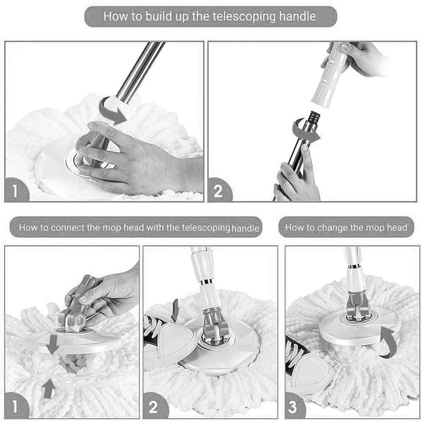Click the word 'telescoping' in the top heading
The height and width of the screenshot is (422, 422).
click(244, 16)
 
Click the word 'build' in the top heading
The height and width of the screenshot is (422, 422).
click(158, 16)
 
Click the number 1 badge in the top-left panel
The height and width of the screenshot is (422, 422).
click(16, 190)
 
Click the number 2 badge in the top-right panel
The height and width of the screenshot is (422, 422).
click(218, 191)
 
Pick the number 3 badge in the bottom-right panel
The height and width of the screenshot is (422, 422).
click(294, 407)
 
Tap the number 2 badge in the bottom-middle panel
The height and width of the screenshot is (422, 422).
click(154, 407)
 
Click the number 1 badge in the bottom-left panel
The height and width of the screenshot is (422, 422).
click(15, 406)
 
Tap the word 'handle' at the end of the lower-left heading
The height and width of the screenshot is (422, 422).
click(245, 229)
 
